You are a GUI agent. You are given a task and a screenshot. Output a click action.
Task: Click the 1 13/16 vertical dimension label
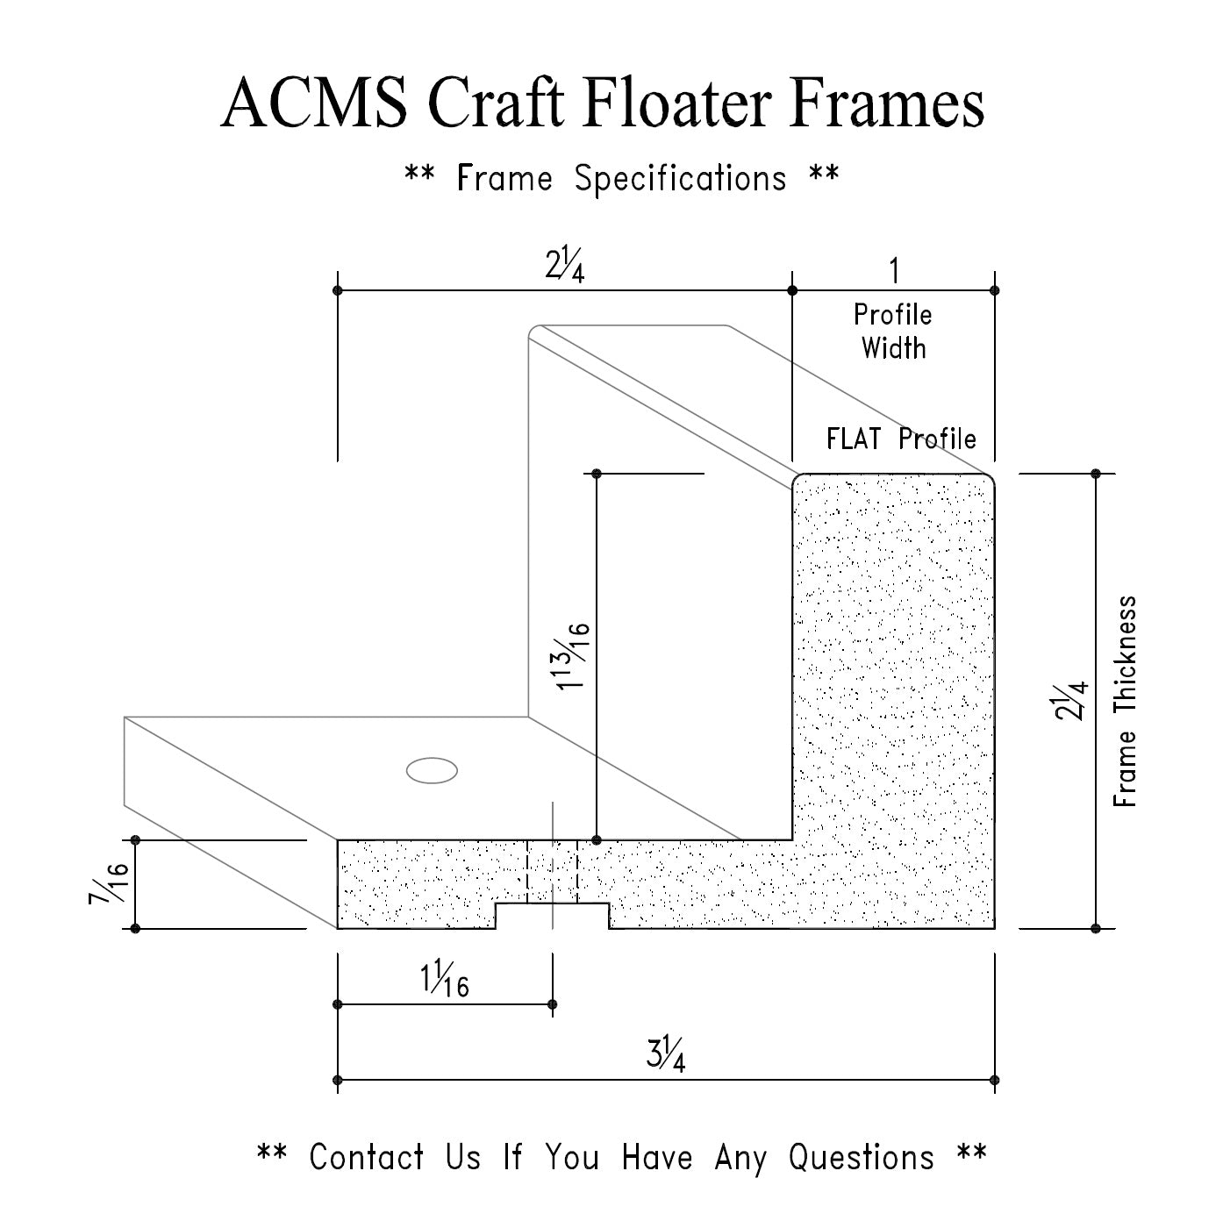[x=572, y=657]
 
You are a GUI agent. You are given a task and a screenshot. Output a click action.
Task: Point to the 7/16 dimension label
[x=109, y=883]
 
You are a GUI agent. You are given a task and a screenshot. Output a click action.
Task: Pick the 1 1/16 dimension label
[x=444, y=979]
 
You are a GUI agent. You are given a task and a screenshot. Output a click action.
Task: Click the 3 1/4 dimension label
[x=666, y=1054]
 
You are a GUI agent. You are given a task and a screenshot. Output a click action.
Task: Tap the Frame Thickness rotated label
[x=1125, y=701]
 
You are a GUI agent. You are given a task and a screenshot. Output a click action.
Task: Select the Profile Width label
[x=893, y=332]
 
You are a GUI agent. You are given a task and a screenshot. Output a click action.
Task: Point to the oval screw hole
[x=432, y=770]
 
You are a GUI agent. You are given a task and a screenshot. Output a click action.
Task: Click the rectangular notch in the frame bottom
[x=552, y=915]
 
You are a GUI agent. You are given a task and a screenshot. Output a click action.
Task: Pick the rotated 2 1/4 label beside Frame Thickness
[x=1071, y=701]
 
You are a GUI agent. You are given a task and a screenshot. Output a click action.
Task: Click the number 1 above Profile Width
[x=894, y=271]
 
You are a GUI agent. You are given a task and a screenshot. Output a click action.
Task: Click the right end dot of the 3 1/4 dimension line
[x=995, y=1080]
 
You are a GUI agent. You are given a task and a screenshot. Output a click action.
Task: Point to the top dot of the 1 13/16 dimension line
[x=596, y=474]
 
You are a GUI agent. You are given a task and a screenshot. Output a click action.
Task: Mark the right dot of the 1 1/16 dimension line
[x=552, y=1004]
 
